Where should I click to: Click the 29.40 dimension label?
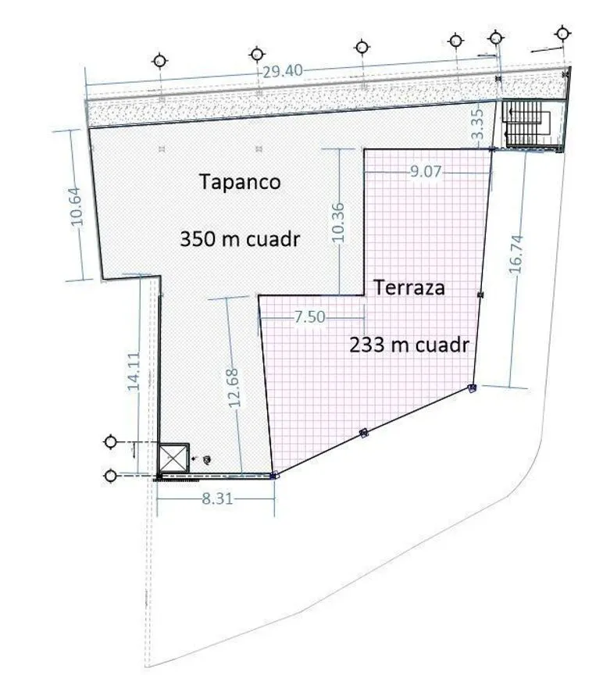pos(282,71)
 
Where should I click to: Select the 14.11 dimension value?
pos(134,371)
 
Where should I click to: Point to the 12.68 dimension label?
pos(234,388)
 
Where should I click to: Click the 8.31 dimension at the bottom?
pos(217,498)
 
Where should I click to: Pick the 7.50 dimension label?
pos(309,317)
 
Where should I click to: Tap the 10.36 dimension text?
pos(339,223)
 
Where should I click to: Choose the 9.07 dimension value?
pos(426,171)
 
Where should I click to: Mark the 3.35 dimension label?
pos(477,124)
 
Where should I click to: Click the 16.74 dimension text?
pos(516,254)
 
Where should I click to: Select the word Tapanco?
pos(240,182)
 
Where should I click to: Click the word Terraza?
pos(409,287)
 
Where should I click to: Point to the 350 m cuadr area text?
pos(240,239)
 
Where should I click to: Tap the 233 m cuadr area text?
pos(409,345)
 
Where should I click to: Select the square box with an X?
pos(174,458)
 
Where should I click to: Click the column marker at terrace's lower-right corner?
pos(472,387)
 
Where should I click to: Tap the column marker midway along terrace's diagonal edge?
pos(364,433)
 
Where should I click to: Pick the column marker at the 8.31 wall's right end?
pos(273,476)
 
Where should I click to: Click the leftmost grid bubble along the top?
pos(159,61)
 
